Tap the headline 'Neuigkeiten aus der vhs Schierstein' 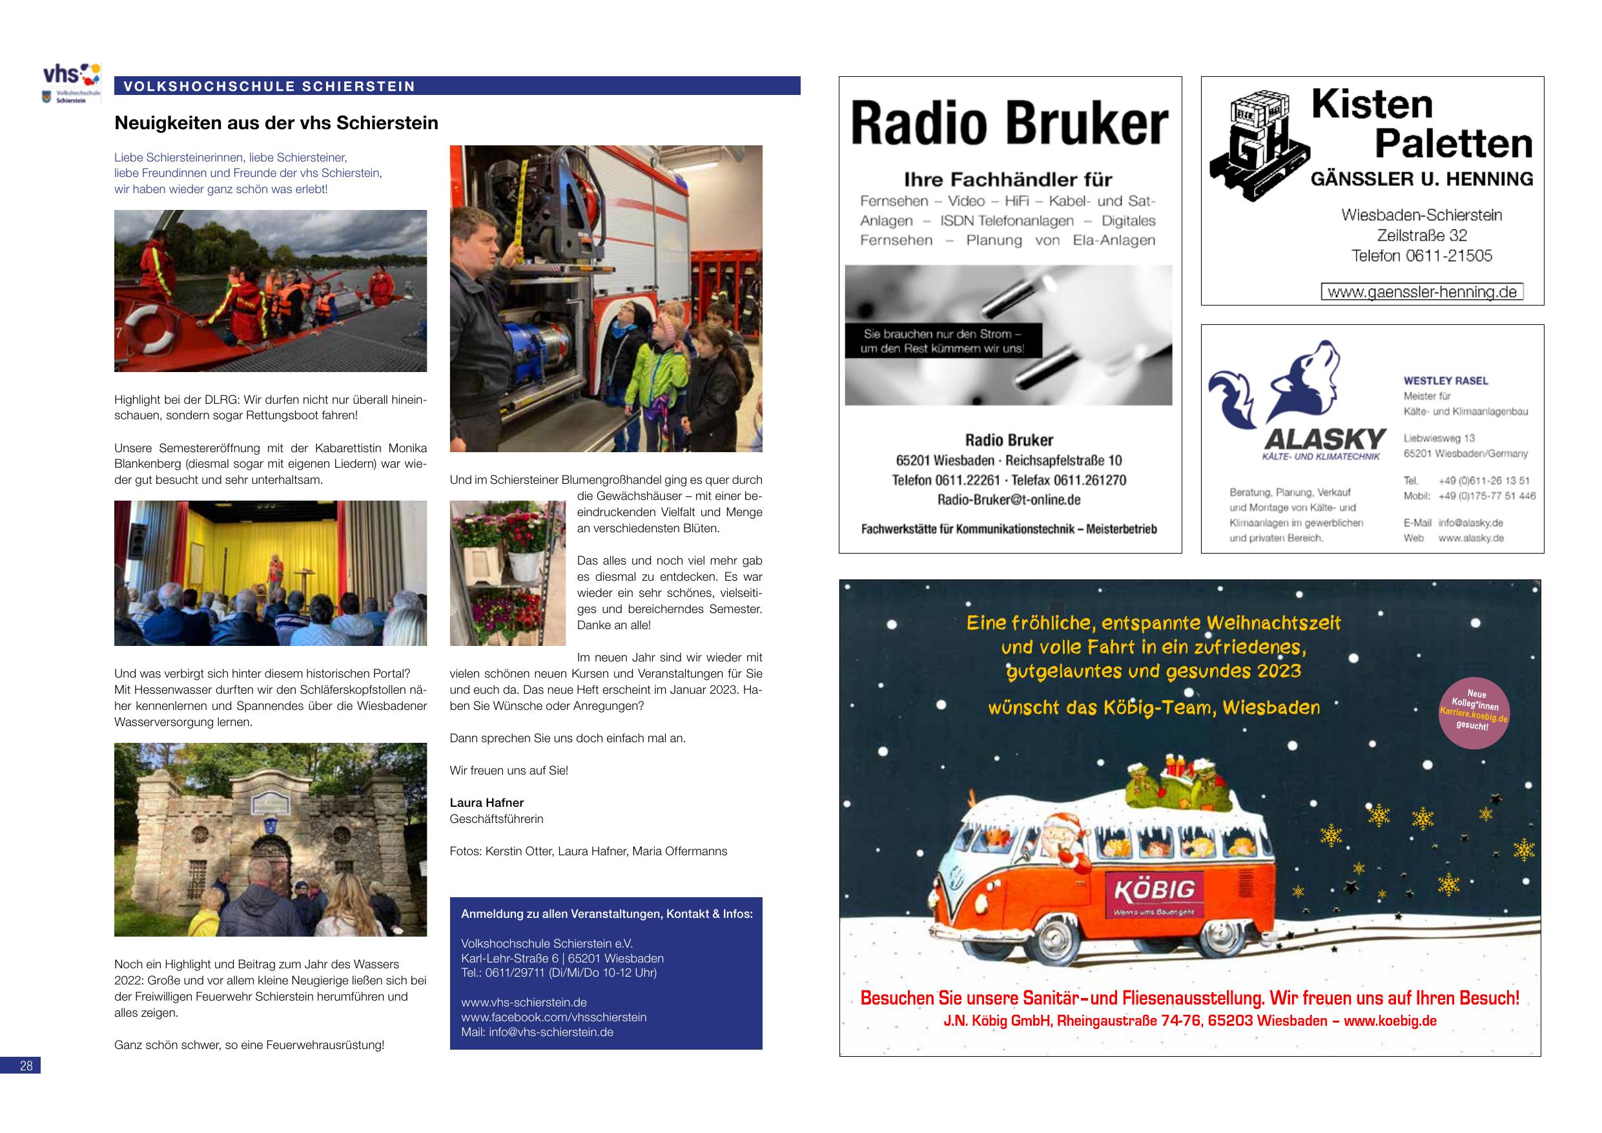(276, 123)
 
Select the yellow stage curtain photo (270, 572)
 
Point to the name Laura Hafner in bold (486, 803)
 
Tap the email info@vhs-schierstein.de (537, 1032)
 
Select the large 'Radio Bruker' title (1010, 125)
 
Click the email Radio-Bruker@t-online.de (1009, 500)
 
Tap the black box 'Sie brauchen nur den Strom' (943, 340)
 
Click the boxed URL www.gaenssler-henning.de (1422, 292)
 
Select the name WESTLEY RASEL (1446, 380)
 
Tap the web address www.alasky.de (1471, 538)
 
